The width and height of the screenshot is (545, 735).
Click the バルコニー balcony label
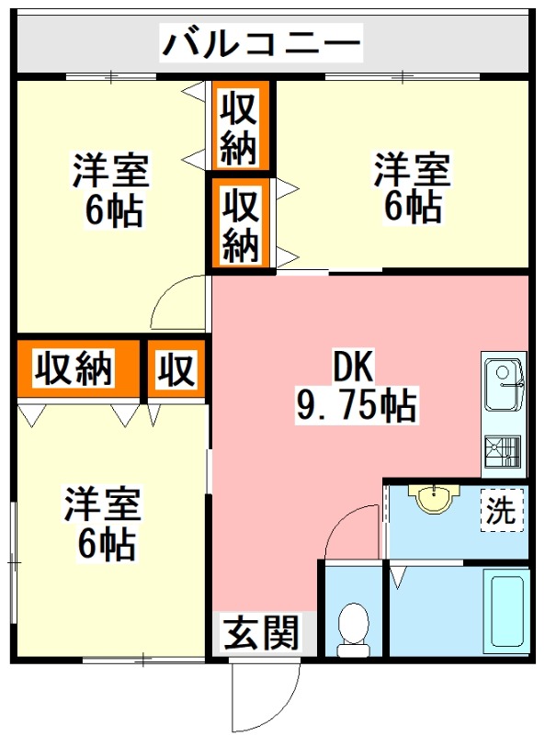click(x=262, y=42)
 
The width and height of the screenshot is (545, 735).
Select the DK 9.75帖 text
click(x=354, y=387)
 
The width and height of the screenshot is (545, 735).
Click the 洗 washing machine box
click(x=502, y=511)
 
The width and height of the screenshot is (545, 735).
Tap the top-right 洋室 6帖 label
click(x=411, y=189)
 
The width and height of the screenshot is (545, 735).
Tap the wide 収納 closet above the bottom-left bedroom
click(x=74, y=369)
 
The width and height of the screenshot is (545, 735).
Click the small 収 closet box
click(x=176, y=369)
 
